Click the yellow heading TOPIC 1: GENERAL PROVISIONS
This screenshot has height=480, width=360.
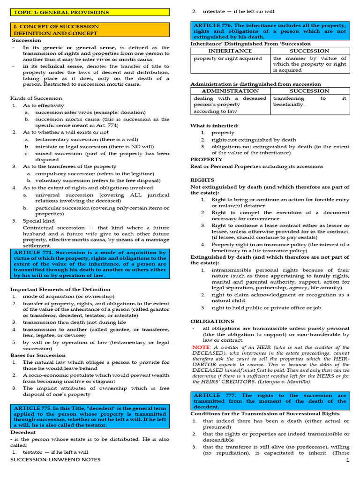[x=61, y=12]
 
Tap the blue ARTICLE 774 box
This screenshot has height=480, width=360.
[x=90, y=264]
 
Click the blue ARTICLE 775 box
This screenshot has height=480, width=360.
[x=90, y=414]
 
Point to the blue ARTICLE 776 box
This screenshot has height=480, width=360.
[x=270, y=31]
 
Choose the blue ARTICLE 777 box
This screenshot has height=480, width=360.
[x=270, y=401]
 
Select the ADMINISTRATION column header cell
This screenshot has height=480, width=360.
[x=230, y=91]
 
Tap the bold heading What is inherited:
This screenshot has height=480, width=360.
[x=214, y=126]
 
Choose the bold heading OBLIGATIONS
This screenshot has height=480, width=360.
[x=212, y=321]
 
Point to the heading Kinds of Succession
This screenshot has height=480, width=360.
[x=36, y=98]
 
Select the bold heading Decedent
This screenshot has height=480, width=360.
[x=23, y=432]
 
